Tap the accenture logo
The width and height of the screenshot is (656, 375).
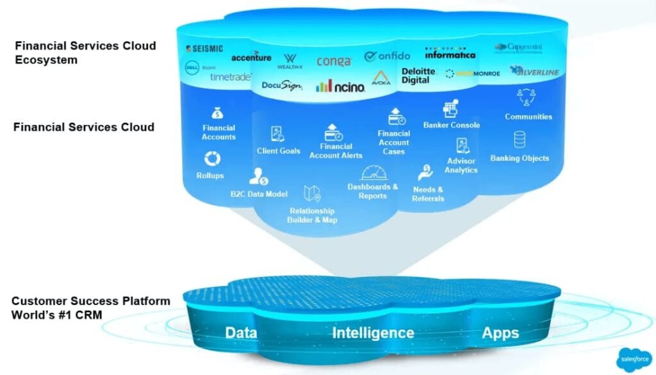[251, 57]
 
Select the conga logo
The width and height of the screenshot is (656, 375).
[334, 62]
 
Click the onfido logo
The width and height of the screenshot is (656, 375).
[387, 56]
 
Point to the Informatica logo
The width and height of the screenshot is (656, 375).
[450, 54]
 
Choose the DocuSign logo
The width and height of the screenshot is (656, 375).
[282, 85]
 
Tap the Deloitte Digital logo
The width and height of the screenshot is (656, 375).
[418, 76]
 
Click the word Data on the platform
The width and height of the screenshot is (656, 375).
[242, 333]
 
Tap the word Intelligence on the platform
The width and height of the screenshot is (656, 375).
[373, 333]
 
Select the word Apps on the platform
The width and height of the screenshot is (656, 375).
[501, 333]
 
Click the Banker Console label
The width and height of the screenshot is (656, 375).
[451, 125]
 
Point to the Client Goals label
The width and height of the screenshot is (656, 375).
[278, 151]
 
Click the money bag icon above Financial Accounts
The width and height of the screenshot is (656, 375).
[218, 112]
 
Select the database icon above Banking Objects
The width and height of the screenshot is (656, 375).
[520, 139]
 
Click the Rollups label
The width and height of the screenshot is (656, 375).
[210, 176]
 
